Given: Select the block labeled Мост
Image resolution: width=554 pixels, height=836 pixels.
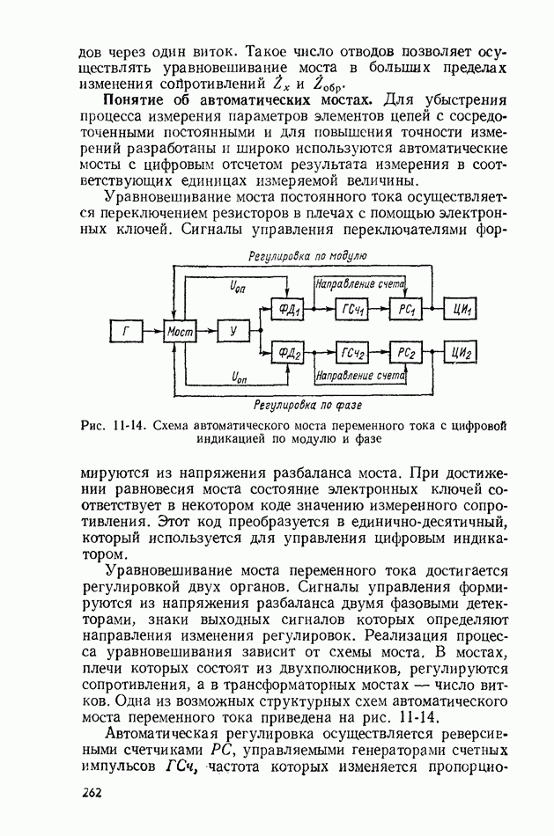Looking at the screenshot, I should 180,332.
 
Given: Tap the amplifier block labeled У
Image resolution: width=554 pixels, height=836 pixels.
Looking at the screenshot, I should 233,332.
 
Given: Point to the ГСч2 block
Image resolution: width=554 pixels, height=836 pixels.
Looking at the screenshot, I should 351,353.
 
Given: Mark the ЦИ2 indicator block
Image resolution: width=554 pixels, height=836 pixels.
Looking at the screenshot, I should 463,353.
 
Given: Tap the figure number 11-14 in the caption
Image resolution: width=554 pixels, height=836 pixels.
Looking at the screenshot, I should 127,425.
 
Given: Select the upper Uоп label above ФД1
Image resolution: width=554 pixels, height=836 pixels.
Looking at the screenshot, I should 238,287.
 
